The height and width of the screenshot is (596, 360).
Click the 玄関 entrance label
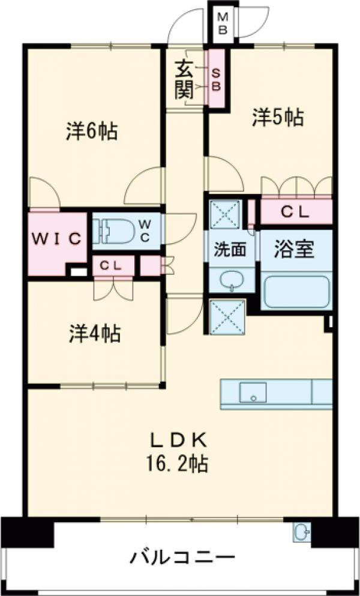click(184, 79)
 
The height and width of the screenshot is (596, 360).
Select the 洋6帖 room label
click(91, 131)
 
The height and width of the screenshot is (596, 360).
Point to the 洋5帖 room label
click(277, 116)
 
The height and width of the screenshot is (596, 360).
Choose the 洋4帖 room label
click(95, 333)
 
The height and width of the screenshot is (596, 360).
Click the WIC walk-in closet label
click(56, 238)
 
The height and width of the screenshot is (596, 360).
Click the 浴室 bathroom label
click(295, 249)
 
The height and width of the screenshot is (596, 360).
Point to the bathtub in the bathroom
click(296, 290)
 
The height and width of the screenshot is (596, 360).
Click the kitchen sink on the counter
click(253, 393)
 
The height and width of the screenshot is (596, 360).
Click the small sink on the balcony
click(302, 531)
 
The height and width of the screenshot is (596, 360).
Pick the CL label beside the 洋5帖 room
click(295, 211)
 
